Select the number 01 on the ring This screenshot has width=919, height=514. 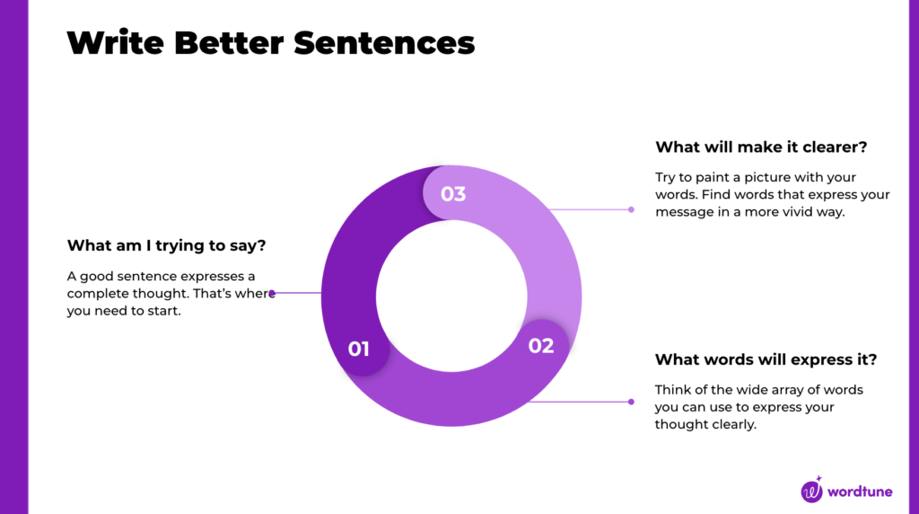pos(359,349)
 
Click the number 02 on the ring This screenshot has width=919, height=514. pos(541,346)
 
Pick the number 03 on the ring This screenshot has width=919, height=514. pos(453,193)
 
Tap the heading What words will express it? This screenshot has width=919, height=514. pos(766,359)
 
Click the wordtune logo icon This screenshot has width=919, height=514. pos(812,491)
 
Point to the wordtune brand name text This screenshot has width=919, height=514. pos(865,492)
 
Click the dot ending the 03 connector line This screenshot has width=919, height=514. pos(631,209)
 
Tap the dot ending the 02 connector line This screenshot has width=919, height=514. pos(631,402)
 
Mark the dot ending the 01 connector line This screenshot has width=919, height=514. pos(272,293)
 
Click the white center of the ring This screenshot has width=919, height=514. pos(451,297)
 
